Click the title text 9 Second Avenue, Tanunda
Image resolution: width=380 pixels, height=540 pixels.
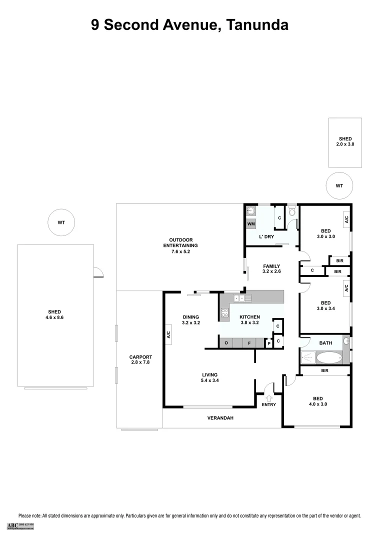(x=189, y=24)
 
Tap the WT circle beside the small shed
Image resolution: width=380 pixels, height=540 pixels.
(x=339, y=185)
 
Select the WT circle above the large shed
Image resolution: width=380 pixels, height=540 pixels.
(x=61, y=221)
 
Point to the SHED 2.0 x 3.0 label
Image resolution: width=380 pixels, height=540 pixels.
(x=345, y=141)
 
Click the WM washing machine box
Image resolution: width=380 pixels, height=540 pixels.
(x=251, y=224)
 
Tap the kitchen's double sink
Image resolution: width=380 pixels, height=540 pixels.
(x=239, y=298)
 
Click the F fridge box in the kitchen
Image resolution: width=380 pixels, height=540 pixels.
(x=249, y=343)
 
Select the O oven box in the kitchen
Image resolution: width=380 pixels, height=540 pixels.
(x=226, y=343)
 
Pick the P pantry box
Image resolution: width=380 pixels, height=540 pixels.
(x=268, y=343)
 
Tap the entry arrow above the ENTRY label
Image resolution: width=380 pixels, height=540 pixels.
(x=268, y=398)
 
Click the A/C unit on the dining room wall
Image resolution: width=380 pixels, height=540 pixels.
(x=169, y=335)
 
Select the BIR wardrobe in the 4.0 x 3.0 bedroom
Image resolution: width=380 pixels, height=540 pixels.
(x=324, y=371)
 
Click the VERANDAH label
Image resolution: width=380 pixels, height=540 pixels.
(x=220, y=418)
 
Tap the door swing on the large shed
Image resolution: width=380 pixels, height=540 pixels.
(x=98, y=271)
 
